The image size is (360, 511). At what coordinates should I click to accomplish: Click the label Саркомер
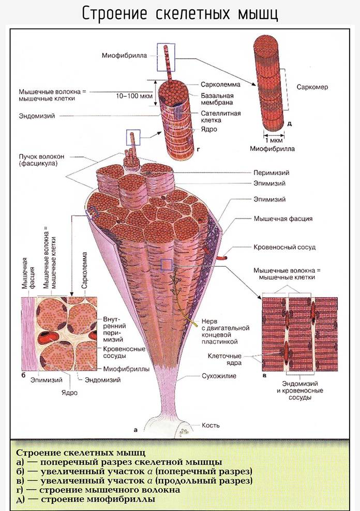312,87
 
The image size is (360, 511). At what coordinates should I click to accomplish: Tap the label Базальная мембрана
217,99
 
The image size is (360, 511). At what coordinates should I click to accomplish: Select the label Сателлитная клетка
221,116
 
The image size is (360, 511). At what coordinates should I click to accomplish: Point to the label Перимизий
272,173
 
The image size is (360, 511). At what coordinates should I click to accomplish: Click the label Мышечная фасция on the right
283,218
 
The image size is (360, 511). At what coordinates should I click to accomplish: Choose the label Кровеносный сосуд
284,247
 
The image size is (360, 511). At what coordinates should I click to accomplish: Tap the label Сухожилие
219,376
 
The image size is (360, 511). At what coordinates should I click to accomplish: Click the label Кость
211,425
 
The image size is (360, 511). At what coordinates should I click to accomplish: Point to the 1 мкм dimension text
274,140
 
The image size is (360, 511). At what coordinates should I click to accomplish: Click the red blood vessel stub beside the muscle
222,258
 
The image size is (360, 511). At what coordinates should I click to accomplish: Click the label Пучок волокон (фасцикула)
41,159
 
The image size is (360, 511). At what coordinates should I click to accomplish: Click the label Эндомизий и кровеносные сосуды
300,390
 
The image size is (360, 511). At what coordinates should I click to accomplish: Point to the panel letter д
289,124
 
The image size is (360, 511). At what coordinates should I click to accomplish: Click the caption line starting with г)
98,489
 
